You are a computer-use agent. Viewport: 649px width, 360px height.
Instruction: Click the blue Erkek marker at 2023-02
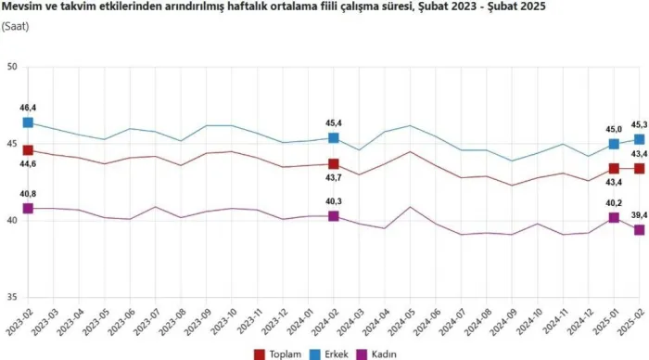[28, 122]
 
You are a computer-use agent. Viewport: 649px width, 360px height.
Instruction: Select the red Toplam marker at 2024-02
[333, 164]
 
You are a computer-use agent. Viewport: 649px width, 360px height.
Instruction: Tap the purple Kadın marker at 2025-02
[639, 230]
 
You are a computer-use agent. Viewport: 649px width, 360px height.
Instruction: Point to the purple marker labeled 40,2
[614, 217]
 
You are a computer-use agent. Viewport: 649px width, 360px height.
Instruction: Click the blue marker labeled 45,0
[614, 144]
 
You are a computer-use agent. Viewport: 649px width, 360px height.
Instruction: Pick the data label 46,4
[28, 108]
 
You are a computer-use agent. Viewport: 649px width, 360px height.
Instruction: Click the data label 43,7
[333, 178]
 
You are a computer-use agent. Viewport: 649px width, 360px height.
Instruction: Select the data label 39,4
[639, 215]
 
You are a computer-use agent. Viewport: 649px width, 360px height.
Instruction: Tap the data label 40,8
[28, 194]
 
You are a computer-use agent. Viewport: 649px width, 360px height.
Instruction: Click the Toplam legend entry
[277, 354]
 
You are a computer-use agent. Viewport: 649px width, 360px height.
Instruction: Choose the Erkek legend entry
[328, 354]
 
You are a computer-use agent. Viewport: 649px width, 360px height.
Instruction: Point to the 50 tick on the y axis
[12, 67]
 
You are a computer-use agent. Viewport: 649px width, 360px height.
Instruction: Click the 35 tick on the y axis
[12, 298]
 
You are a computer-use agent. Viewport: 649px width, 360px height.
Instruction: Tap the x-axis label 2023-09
[197, 321]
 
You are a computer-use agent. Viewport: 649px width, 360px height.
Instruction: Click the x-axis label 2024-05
[401, 321]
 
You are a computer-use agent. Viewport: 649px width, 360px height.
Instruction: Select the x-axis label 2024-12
[579, 321]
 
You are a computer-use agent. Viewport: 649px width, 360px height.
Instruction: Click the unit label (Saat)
[16, 27]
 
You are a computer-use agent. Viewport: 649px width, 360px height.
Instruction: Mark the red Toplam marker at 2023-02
[28, 150]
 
